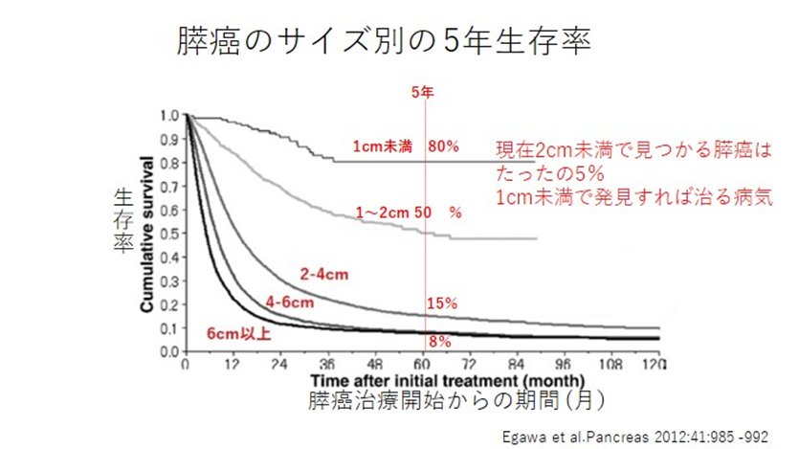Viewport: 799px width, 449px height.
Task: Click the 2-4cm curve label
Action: pos(323,276)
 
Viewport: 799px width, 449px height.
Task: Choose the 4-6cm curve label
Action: pos(289,303)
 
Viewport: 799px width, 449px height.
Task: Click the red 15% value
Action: pos(441,303)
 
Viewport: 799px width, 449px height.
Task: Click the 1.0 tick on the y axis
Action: pos(168,116)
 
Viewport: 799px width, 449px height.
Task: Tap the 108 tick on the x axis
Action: pos(610,366)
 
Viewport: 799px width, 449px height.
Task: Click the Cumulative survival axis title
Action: pos(146,234)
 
